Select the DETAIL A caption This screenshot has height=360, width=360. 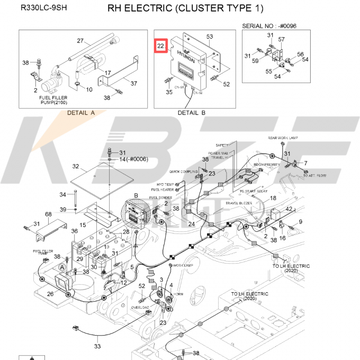(81, 113)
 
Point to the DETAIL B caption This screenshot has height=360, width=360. (192, 113)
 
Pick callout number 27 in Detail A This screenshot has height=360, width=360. (80, 41)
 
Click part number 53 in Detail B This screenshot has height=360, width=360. (210, 37)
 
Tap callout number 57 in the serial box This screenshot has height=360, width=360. (282, 40)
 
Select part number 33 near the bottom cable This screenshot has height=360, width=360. (97, 347)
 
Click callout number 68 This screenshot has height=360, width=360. (48, 214)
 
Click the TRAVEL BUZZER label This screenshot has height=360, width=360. (238, 203)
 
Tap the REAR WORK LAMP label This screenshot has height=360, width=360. (283, 138)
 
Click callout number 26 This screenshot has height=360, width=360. (50, 294)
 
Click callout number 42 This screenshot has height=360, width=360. (289, 209)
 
